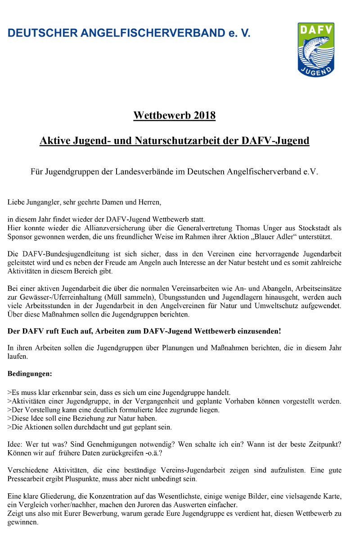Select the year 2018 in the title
(205, 116)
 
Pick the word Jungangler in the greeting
(41, 202)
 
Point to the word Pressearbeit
(28, 479)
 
